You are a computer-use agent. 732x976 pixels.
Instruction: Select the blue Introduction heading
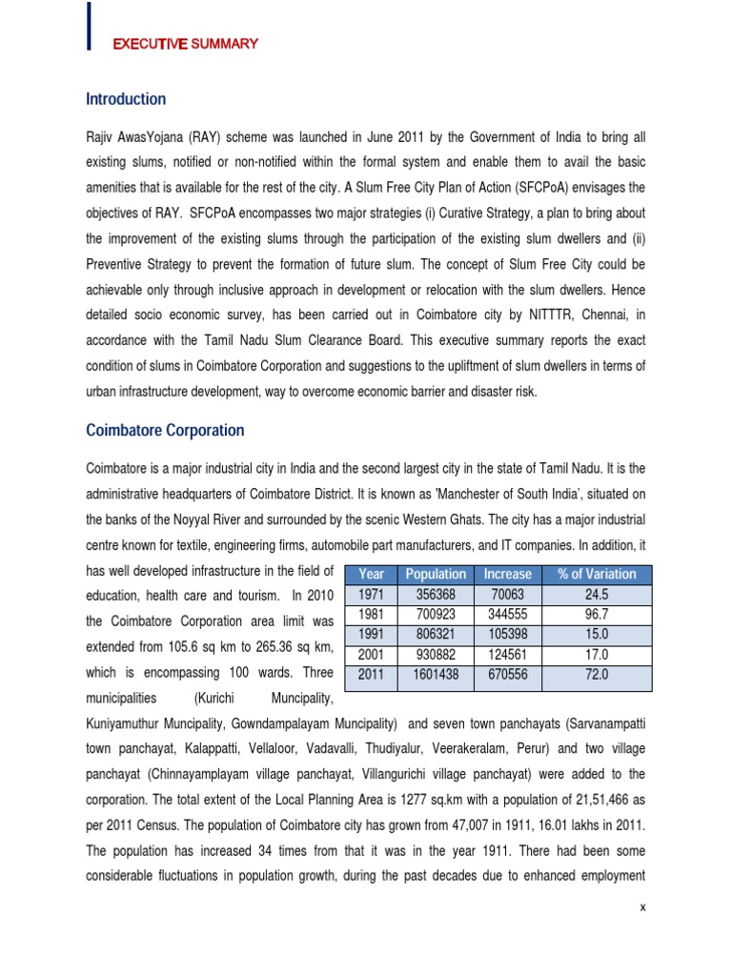126,99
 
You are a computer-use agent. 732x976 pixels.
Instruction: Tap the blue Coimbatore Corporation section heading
165,431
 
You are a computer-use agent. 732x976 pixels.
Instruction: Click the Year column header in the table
370,574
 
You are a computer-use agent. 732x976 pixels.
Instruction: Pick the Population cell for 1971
436,594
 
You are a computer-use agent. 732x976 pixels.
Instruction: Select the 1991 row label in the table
370,634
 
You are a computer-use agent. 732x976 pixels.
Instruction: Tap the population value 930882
436,654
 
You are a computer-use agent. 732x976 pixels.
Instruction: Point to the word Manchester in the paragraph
435,496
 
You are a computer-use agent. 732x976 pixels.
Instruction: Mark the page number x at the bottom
643,907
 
